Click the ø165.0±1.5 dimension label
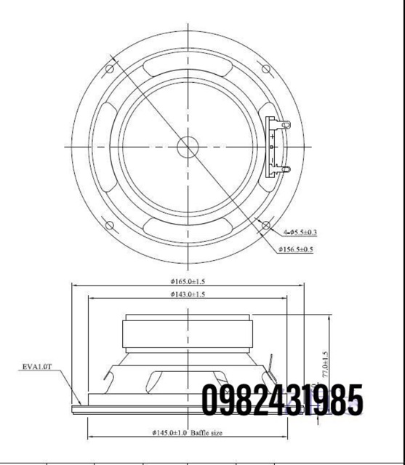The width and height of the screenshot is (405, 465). [188, 281]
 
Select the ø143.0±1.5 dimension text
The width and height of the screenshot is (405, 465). [188, 294]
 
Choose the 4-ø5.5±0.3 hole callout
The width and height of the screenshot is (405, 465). [300, 232]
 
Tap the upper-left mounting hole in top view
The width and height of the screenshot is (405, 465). [110, 69]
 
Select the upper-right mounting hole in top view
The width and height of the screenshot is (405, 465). [266, 69]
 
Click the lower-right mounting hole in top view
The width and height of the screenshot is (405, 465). [266, 225]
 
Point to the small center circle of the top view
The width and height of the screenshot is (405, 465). [188, 146]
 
